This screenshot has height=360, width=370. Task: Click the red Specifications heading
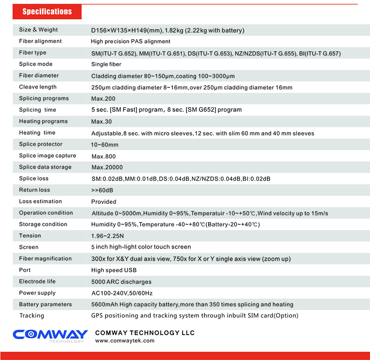tap(47, 12)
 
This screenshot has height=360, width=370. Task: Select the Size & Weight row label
tap(38, 30)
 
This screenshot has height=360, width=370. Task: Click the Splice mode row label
tap(36, 64)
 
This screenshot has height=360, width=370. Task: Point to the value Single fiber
tap(106, 64)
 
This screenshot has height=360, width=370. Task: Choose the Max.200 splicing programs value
tap(103, 98)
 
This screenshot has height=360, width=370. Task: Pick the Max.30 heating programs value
tap(101, 122)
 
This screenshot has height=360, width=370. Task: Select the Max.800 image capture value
tap(103, 156)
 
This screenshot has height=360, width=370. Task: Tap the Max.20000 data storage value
tap(107, 167)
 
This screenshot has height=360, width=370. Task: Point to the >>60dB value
tap(102, 190)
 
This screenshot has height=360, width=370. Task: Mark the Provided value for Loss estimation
tap(104, 201)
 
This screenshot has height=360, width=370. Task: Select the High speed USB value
tap(114, 270)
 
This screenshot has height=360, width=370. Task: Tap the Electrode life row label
tap(37, 281)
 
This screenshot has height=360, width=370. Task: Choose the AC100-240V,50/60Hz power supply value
tap(123, 293)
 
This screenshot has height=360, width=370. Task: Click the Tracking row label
tap(31, 316)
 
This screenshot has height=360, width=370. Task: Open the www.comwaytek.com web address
tap(124, 341)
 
